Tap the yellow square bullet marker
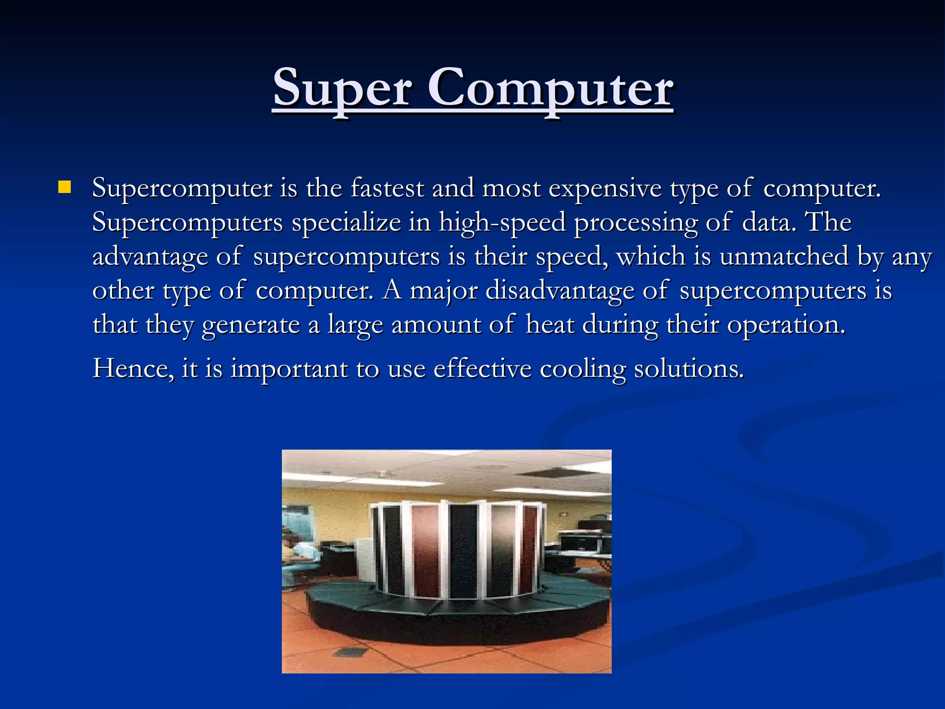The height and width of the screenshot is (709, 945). click(65, 187)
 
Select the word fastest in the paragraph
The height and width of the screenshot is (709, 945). click(387, 188)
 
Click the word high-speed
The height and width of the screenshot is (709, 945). click(502, 222)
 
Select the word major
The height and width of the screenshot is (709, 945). click(443, 291)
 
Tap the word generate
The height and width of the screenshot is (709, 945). click(251, 324)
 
